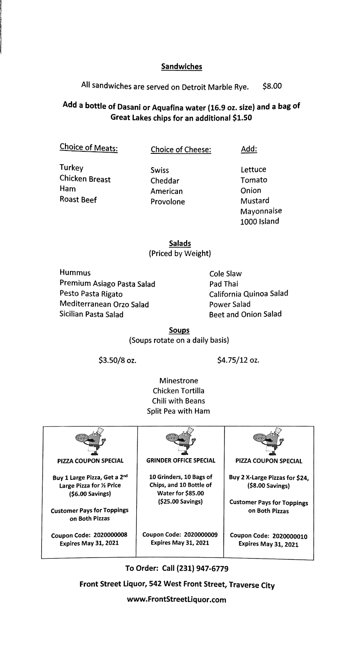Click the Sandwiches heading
click(181, 66)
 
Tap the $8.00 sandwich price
click(272, 86)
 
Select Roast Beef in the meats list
click(78, 200)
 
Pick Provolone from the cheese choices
click(167, 202)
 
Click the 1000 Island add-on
click(260, 221)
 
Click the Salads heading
click(180, 243)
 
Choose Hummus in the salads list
click(75, 273)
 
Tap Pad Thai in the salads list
click(224, 284)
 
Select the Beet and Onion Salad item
click(245, 314)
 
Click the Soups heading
click(179, 330)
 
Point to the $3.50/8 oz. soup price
click(117, 360)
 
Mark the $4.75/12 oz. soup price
click(238, 359)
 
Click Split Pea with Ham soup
click(178, 411)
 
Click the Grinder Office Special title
click(181, 461)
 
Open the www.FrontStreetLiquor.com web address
click(177, 600)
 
